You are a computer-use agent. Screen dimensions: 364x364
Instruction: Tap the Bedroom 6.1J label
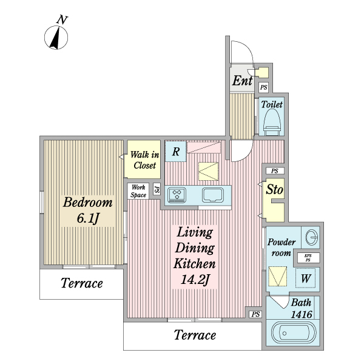(x=88, y=210)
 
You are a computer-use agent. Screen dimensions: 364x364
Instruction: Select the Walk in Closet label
(x=144, y=160)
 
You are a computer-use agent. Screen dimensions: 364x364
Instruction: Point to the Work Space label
(x=138, y=191)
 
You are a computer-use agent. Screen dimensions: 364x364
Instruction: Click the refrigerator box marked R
(x=176, y=151)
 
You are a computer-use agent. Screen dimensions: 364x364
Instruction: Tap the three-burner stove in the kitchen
(x=177, y=195)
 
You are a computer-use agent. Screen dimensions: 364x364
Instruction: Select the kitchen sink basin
(x=213, y=195)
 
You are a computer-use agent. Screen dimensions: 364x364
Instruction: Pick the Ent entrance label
(x=242, y=81)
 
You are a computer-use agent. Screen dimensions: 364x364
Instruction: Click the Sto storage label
(x=274, y=189)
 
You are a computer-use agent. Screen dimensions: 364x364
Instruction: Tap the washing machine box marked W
(x=306, y=278)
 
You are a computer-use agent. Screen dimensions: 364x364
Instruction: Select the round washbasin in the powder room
(x=311, y=237)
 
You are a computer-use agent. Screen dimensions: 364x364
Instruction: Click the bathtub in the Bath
(x=294, y=333)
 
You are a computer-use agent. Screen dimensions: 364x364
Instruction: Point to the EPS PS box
(x=308, y=258)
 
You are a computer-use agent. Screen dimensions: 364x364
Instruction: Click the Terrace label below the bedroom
(x=82, y=283)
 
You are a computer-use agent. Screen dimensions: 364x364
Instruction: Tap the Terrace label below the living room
(x=195, y=335)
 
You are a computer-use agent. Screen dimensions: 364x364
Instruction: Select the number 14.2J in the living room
(x=195, y=279)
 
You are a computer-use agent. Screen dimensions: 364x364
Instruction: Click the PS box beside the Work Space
(x=157, y=189)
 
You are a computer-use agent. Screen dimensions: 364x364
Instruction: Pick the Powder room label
(x=281, y=248)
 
